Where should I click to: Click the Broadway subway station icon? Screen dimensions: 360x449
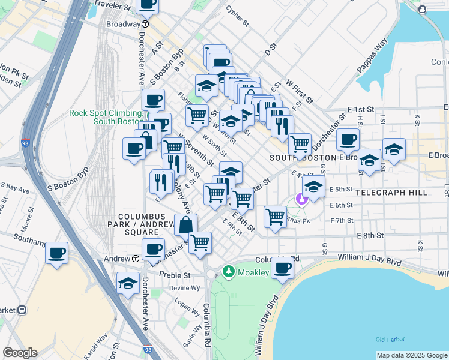[x=145, y=24]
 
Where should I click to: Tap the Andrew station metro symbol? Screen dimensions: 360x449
[x=136, y=259]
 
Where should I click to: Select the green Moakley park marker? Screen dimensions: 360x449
[x=228, y=272]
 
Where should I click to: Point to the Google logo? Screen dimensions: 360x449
[x=20, y=353]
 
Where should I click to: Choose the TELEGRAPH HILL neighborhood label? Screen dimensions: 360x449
[x=391, y=193]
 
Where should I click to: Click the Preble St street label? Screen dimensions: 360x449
[x=175, y=275]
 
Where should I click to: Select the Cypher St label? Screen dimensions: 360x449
[x=237, y=16]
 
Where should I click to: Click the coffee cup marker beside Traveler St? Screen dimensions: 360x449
[x=148, y=4]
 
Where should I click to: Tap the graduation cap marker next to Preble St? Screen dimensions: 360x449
[x=128, y=283]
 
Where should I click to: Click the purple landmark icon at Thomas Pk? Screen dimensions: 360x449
[x=302, y=199]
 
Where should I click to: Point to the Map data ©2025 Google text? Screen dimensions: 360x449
[x=412, y=355]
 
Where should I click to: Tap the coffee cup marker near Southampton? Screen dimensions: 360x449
[x=56, y=253]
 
